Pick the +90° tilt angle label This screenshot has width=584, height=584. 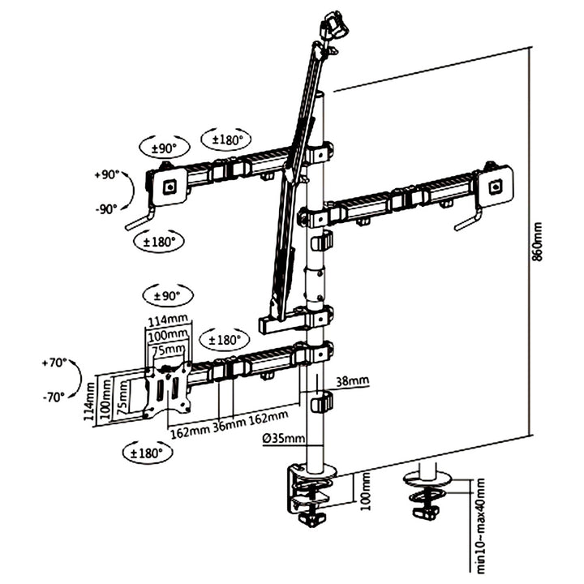coord(106,174)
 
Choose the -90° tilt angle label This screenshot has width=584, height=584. coord(106,208)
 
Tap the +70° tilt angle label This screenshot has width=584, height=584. coord(54,363)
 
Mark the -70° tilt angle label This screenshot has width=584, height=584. coord(54,397)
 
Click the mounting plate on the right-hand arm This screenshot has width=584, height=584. coord(496,185)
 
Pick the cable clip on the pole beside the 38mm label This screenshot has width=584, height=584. coord(322,401)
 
